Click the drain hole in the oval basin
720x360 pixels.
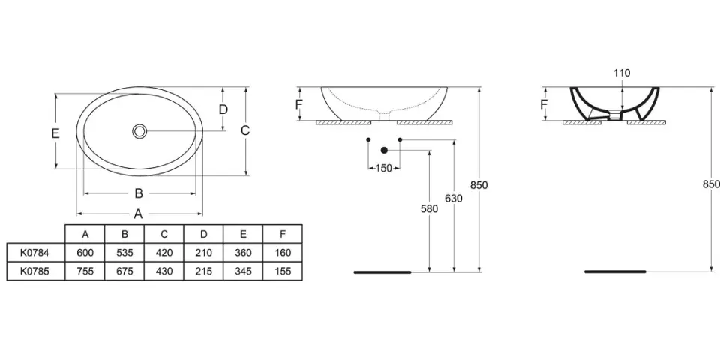point(139,130)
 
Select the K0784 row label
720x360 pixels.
point(34,252)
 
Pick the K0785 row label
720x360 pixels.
point(34,271)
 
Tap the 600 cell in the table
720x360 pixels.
point(85,252)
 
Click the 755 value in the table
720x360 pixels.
point(85,271)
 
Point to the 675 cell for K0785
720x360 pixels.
point(124,271)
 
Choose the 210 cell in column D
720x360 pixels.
point(203,252)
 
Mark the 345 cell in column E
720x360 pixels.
point(243,271)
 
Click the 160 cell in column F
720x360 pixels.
point(283,252)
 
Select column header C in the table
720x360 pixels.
point(164,234)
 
